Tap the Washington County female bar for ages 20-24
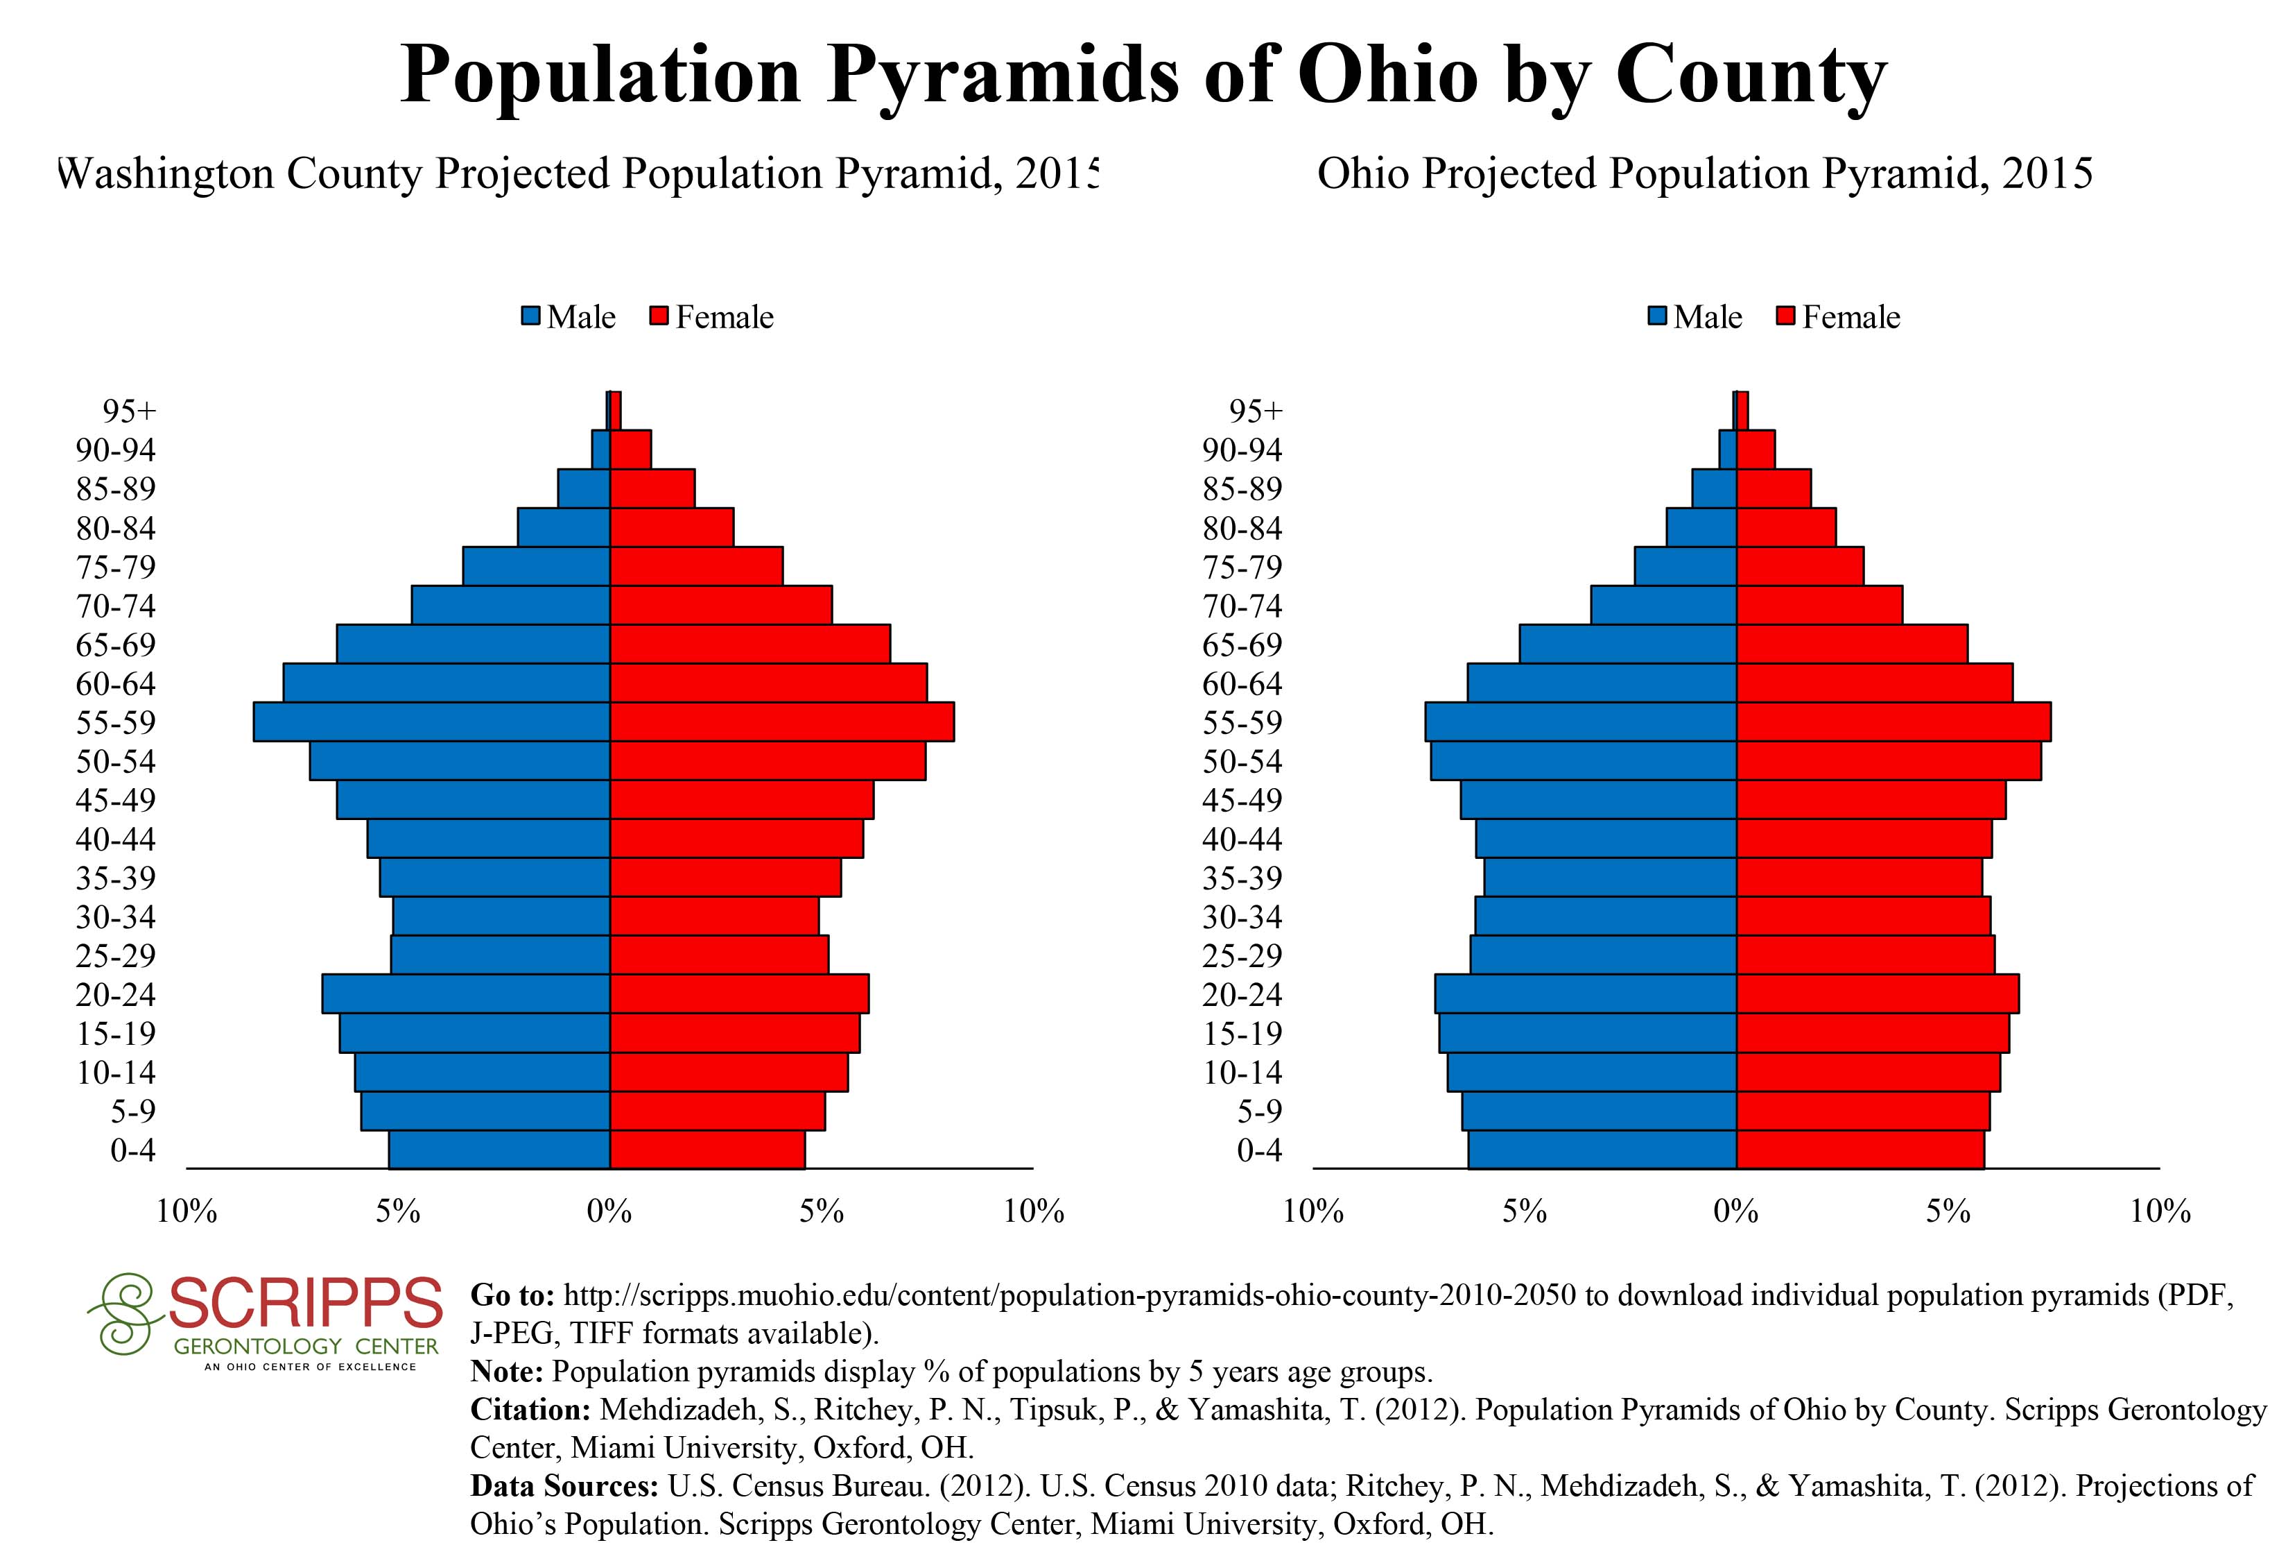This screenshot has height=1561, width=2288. [738, 993]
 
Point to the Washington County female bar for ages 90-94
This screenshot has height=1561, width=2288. [630, 449]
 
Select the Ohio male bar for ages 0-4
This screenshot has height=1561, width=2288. [1602, 1150]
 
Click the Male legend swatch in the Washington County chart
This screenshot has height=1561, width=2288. [532, 317]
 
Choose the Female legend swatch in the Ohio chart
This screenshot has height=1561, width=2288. [1786, 317]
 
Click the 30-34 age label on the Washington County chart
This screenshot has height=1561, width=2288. [116, 917]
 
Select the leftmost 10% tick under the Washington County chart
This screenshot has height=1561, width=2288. [187, 1211]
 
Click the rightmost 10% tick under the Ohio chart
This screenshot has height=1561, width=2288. [2160, 1211]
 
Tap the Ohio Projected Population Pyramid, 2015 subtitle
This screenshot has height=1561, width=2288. [1704, 174]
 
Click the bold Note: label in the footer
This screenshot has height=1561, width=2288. [507, 1371]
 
